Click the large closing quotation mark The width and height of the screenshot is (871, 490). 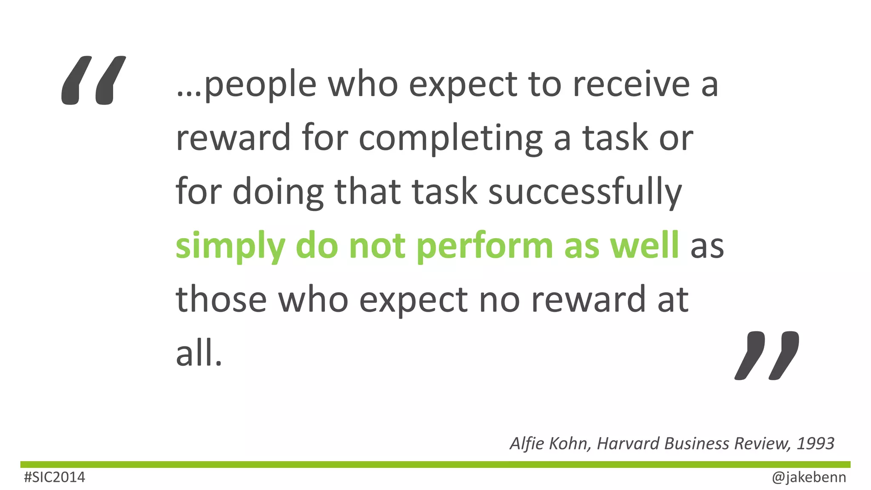click(x=767, y=355)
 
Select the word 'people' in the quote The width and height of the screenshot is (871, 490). click(x=260, y=85)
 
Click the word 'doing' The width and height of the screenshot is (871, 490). click(x=278, y=192)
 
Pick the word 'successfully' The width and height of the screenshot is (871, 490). click(x=585, y=192)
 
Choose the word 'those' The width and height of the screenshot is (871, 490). click(x=221, y=299)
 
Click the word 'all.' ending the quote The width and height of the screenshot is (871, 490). click(x=199, y=354)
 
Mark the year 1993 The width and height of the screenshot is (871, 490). click(x=815, y=443)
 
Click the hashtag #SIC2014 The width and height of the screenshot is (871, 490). click(x=54, y=477)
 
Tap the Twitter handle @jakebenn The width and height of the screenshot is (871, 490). click(x=809, y=477)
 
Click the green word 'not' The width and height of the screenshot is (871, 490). click(x=377, y=246)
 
